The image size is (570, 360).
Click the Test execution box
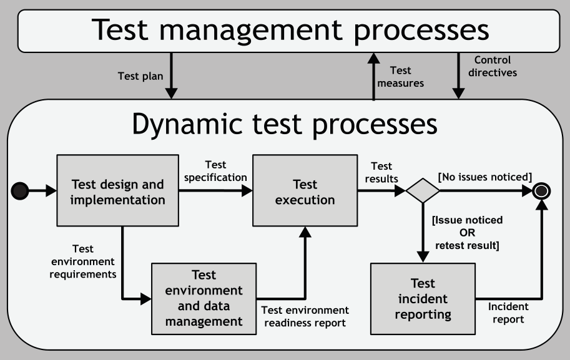(305, 191)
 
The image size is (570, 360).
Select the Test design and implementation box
(118, 191)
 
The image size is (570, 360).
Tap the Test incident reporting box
(423, 299)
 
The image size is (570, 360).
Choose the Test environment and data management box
(204, 299)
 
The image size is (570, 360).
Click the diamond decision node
(423, 191)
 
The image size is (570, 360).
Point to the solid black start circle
(20, 191)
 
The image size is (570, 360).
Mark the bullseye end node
(541, 191)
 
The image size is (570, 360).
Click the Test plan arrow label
(140, 76)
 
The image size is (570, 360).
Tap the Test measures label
(401, 77)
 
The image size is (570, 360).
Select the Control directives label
(493, 66)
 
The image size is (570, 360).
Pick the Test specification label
(215, 171)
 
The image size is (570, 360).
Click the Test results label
(381, 173)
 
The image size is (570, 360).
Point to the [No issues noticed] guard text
(485, 177)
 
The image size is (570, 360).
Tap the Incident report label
(508, 313)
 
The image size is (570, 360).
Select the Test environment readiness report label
(305, 316)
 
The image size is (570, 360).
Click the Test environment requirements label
(83, 261)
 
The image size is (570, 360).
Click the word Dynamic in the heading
(187, 124)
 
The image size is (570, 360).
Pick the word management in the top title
(251, 31)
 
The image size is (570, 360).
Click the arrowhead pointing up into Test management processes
(373, 59)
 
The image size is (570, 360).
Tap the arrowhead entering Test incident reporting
(423, 257)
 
